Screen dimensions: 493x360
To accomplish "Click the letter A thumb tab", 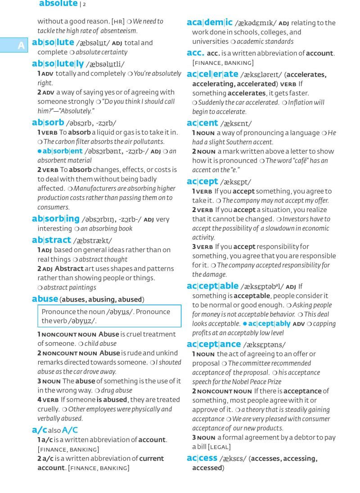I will tap(21, 45).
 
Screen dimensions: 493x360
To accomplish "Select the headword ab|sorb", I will tap(48, 122).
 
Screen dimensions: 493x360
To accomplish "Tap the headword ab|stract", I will tap(51, 240).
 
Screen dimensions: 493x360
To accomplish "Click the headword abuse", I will tap(45, 299).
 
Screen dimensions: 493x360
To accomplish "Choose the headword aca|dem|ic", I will tap(210, 22).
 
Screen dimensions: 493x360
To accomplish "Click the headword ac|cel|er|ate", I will tap(212, 74).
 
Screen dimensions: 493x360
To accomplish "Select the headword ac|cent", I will tap(202, 123).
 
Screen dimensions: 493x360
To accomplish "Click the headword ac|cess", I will tap(202, 458).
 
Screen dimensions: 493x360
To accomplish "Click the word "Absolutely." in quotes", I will tap(73, 111).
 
